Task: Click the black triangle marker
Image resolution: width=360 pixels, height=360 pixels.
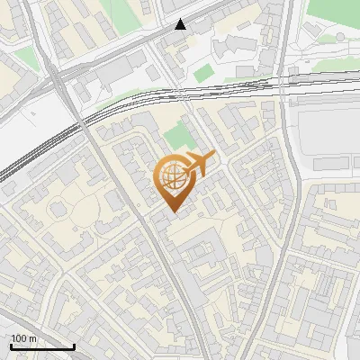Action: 182,24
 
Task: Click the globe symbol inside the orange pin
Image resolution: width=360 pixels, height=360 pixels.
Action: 173,176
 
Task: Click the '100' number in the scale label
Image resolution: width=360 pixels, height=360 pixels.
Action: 19,338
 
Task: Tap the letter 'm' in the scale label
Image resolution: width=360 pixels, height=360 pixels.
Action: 33,338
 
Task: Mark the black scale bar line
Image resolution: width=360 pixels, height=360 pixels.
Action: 41,347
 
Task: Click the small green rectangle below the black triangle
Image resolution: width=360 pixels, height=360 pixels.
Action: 204,72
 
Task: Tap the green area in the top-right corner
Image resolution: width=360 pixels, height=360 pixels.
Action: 333,13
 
